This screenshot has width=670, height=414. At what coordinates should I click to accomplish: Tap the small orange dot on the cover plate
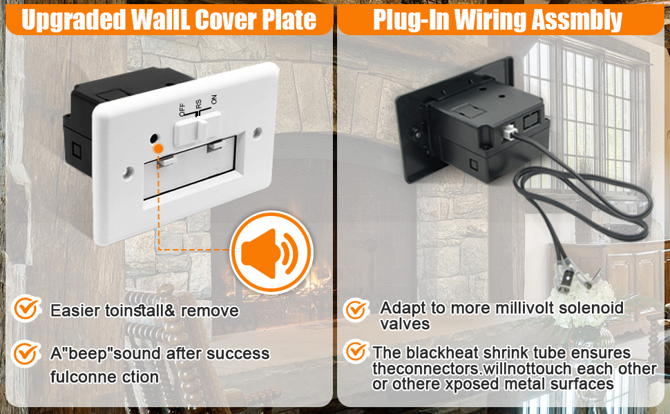click(x=159, y=148)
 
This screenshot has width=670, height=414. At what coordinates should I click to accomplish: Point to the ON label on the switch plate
click(x=213, y=100)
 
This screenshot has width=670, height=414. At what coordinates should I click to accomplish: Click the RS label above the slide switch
click(x=199, y=104)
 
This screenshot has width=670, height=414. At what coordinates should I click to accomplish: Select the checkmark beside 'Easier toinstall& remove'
click(x=26, y=308)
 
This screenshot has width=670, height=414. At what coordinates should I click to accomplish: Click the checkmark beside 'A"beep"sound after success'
click(x=26, y=354)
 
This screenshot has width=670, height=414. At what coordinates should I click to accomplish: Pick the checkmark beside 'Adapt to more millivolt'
click(x=356, y=310)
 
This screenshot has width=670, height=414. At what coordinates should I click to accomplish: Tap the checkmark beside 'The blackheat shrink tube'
click(x=356, y=352)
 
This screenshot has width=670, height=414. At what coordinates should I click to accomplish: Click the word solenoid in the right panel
click(x=590, y=308)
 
